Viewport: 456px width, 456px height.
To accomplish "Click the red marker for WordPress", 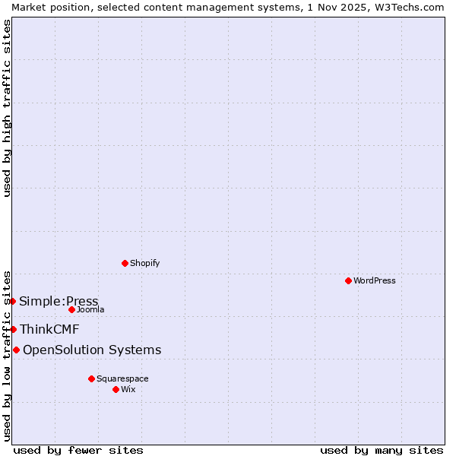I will (x=348, y=280).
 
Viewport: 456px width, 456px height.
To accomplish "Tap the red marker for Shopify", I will (x=125, y=263).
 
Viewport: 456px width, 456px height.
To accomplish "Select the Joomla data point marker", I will (x=71, y=309).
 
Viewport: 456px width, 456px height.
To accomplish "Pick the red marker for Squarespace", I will (x=91, y=378).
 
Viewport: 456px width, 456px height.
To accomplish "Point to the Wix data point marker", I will (x=116, y=389).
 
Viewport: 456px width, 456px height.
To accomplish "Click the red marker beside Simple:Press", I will (x=12, y=301).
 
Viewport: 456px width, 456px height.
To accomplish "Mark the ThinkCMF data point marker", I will (x=13, y=329).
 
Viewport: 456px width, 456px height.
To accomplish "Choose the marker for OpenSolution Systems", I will (x=16, y=350).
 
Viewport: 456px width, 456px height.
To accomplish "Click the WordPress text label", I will (x=375, y=280).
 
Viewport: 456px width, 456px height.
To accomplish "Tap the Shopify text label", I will (x=144, y=263).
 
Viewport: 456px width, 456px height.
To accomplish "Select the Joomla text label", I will (x=90, y=309).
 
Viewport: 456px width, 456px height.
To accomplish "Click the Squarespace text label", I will (x=122, y=378).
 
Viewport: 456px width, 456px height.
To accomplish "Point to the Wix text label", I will (x=128, y=389).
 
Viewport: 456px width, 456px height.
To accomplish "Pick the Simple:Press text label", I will (x=59, y=301).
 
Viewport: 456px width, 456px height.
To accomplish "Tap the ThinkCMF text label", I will (x=49, y=329).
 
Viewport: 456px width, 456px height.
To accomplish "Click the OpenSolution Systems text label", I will (x=92, y=350).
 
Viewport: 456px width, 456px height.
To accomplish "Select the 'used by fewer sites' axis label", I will (x=78, y=450).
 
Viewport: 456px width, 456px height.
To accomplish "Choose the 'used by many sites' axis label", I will (x=382, y=450).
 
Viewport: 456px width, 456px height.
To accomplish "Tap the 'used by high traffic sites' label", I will (x=7, y=108).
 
